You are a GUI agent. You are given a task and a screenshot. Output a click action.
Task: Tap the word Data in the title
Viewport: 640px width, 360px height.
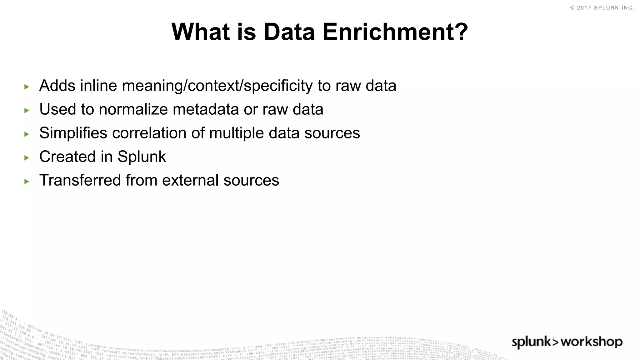coord(289,32)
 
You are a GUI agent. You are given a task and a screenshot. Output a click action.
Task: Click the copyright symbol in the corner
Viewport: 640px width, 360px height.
coord(572,8)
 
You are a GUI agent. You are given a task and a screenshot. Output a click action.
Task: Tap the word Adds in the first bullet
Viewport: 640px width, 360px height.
coord(57,86)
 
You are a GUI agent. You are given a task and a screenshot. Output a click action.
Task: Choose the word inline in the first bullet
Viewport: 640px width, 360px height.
coord(98,86)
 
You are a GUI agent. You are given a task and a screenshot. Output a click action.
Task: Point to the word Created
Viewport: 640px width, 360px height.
coord(67,157)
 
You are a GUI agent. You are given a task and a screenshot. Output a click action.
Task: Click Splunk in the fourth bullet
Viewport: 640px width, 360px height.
coord(142,157)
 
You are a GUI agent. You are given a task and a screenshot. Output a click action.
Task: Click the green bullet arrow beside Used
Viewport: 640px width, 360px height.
coord(27,110)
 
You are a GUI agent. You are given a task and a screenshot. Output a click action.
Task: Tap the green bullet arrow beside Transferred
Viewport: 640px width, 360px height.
coord(27,181)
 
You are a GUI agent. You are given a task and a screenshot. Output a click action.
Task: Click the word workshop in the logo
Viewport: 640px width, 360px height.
coord(592,342)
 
